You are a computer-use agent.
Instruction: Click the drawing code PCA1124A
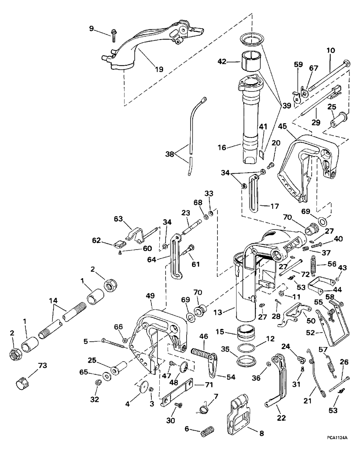[337, 448]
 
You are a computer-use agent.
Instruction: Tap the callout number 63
[119, 219]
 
